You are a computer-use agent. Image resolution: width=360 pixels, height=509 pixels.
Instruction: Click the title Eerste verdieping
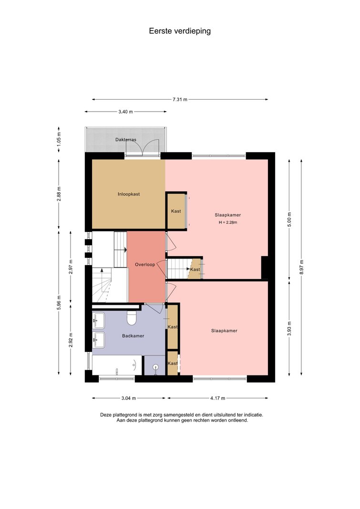180,31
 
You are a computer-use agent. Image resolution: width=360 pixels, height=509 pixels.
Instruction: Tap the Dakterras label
126,140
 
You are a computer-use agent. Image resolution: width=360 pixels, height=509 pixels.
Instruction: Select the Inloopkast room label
129,194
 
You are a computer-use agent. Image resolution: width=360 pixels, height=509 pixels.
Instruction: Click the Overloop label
145,265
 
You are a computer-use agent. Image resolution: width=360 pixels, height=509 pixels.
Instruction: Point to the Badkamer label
133,336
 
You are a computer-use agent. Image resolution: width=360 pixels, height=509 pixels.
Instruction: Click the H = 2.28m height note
227,222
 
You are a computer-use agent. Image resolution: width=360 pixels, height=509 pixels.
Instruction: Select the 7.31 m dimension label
180,99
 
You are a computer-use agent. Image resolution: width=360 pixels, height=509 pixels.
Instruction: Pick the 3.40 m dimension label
125,112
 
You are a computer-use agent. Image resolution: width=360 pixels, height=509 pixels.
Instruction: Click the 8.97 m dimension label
302,267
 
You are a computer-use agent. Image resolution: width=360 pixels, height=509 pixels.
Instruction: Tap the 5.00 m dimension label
289,219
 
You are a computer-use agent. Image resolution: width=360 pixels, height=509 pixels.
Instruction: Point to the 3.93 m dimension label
289,329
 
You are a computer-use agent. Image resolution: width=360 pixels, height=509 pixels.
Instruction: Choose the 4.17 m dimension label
217,398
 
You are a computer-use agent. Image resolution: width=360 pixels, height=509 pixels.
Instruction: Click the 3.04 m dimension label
128,398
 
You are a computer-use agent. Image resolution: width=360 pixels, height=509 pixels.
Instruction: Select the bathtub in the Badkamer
117,365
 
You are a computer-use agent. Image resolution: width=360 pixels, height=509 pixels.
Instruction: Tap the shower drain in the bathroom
156,367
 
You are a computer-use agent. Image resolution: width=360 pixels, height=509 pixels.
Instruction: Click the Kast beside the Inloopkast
176,211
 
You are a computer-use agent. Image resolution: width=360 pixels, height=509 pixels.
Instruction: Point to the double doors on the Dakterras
143,147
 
